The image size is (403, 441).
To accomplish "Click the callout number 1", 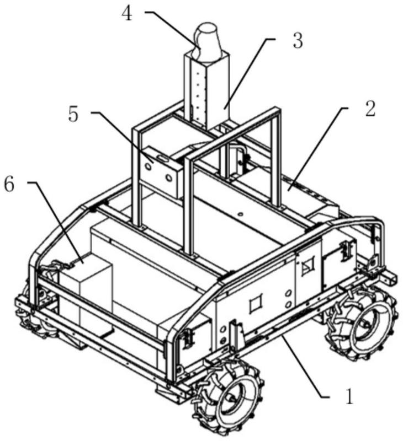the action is click(x=349, y=396).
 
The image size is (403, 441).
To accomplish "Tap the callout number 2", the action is click(x=370, y=108).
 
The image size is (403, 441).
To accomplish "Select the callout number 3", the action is click(x=298, y=40).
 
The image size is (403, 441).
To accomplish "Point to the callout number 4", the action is click(x=126, y=14).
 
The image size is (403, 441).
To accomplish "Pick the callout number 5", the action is click(x=73, y=114).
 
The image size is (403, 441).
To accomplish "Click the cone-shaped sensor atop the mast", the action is click(x=208, y=42).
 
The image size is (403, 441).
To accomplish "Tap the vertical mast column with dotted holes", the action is click(x=207, y=90).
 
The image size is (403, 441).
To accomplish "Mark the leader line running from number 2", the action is click(x=318, y=149).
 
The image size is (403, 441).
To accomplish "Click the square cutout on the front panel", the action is click(x=256, y=303).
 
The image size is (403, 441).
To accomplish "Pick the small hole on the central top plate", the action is click(x=240, y=214).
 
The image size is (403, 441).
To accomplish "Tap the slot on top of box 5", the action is click(x=162, y=158).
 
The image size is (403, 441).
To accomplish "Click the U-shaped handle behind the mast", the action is click(x=238, y=158).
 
